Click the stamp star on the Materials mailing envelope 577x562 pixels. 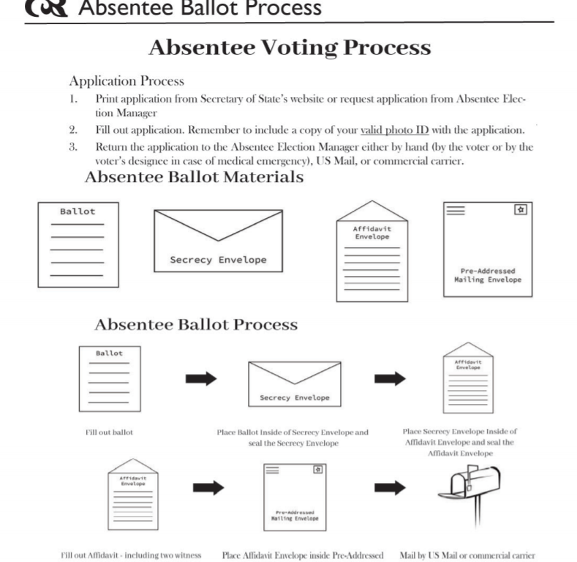click(521, 209)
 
